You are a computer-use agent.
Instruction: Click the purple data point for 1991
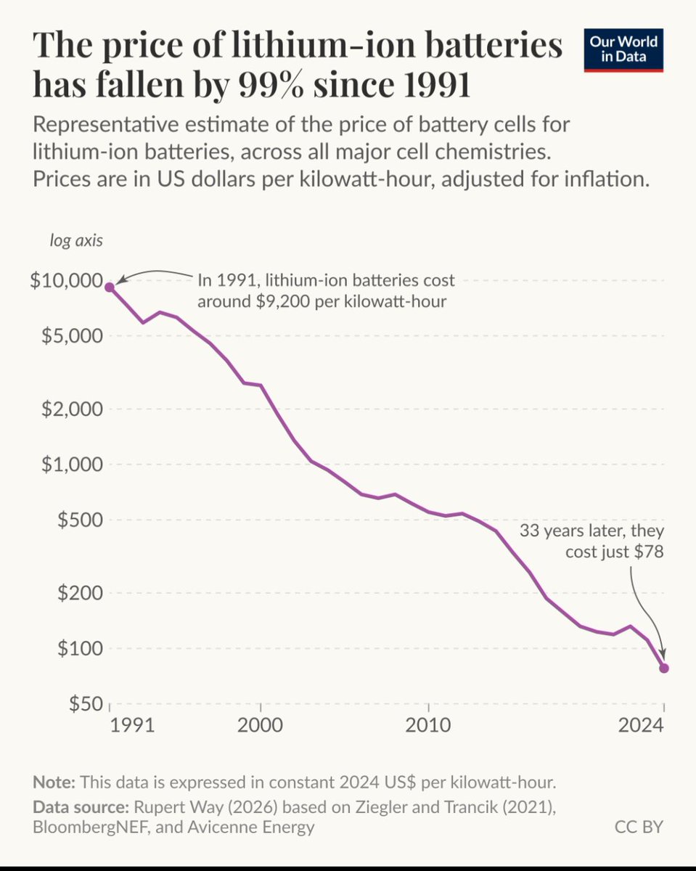pyautogui.click(x=110, y=287)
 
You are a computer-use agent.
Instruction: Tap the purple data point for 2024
pyautogui.click(x=663, y=668)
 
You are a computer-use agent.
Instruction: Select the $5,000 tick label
pyautogui.click(x=70, y=336)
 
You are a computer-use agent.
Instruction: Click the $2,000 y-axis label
pyautogui.click(x=70, y=409)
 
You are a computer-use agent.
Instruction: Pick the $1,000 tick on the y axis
pyautogui.click(x=70, y=464)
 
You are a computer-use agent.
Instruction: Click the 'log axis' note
pyautogui.click(x=76, y=241)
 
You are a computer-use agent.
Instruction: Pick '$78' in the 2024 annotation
pyautogui.click(x=648, y=552)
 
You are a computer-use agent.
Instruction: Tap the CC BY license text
pyautogui.click(x=639, y=826)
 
